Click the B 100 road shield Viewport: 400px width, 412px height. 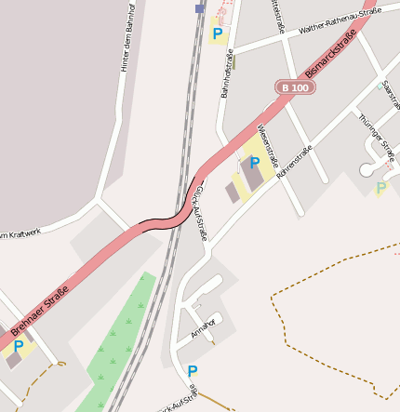[x=295, y=87]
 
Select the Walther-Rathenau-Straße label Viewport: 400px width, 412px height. [x=340, y=21]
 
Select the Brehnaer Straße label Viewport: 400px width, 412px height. [x=36, y=304]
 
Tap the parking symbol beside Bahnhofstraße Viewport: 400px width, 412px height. [x=218, y=34]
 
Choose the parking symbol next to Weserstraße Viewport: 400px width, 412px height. [x=255, y=162]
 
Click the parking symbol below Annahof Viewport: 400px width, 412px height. [x=193, y=371]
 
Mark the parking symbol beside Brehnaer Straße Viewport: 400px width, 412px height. [x=18, y=346]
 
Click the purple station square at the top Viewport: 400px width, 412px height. [x=199, y=8]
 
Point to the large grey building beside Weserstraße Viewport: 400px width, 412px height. [x=251, y=172]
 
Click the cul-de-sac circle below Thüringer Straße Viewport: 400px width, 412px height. [x=367, y=170]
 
